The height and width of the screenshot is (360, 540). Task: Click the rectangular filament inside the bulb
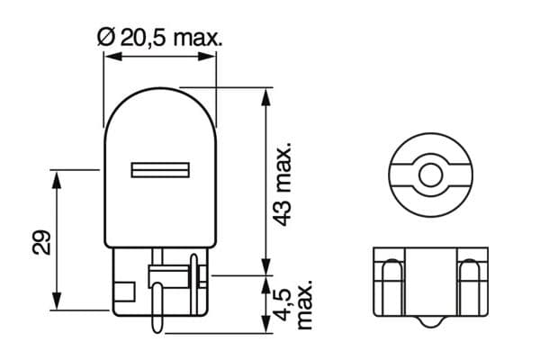[160, 170]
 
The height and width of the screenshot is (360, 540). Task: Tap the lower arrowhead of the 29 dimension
[57, 302]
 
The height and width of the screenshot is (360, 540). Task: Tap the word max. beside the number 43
[282, 162]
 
